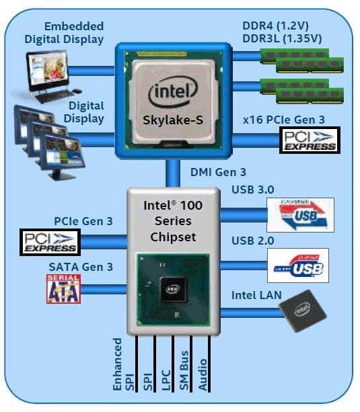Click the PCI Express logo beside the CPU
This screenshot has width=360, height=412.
[x=308, y=140]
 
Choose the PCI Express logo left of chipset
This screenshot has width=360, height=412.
[x=50, y=241]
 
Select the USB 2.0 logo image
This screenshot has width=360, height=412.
[x=297, y=265]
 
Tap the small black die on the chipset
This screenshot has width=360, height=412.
[x=172, y=290]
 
